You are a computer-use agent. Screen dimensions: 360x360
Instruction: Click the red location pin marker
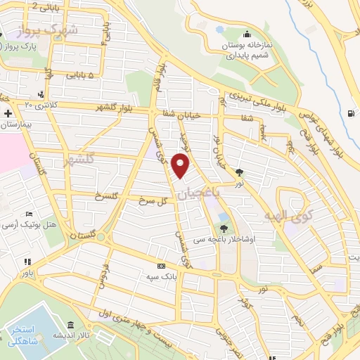click(181, 166)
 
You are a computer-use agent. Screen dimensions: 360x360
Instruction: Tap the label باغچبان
click(200, 191)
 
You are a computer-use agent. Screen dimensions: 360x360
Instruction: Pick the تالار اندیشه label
click(94, 336)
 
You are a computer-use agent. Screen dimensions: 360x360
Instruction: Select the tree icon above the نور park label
click(240, 171)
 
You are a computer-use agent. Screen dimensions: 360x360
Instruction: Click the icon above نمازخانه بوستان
click(247, 35)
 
